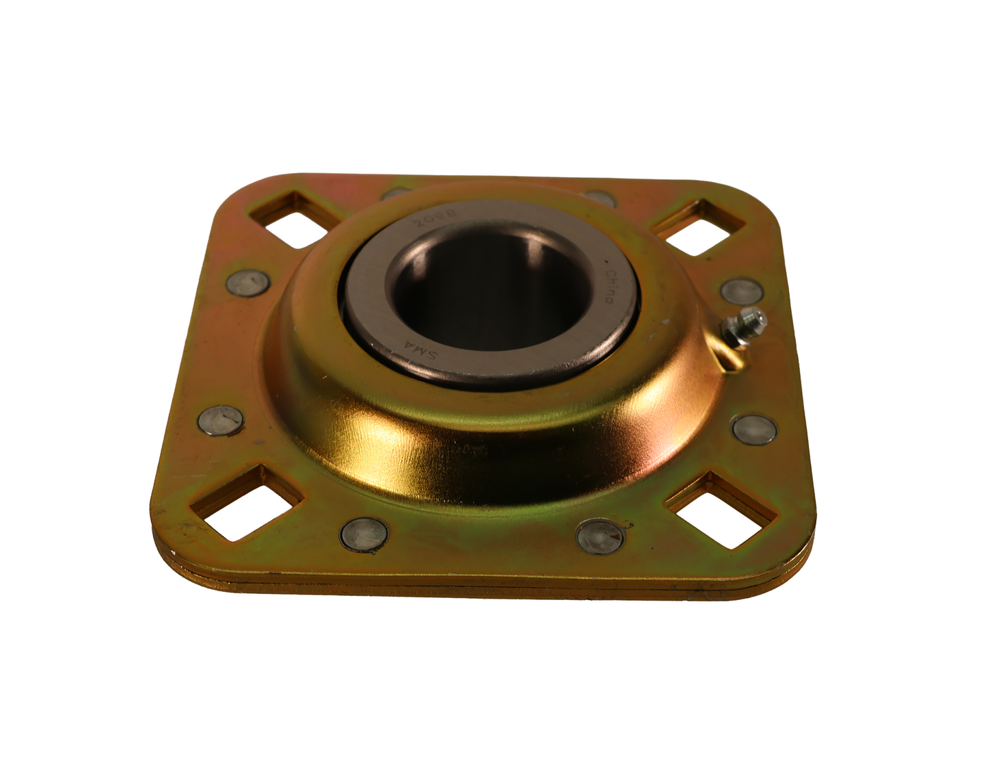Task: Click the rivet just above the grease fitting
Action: point(741,290)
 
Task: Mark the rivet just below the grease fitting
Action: point(754,428)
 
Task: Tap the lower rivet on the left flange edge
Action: point(219,419)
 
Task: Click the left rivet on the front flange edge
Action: point(364,531)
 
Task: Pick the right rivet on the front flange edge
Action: point(601,534)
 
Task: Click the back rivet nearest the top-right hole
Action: point(600,198)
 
